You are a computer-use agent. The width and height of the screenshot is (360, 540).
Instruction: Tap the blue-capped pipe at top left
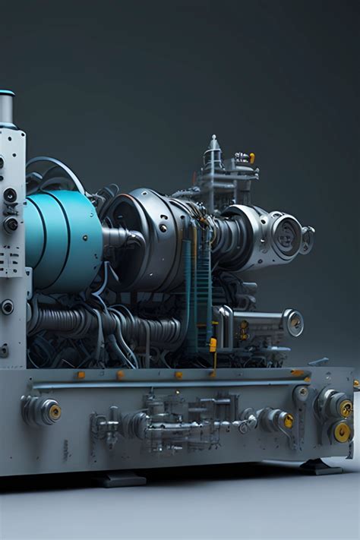click(7, 106)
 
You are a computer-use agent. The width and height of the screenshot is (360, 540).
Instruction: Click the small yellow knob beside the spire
click(251, 158)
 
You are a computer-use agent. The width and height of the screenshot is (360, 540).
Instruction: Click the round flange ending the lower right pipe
click(292, 322)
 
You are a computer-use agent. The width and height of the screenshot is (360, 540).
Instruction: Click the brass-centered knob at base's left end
click(53, 411)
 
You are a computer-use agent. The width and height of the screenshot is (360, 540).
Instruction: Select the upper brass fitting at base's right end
click(345, 408)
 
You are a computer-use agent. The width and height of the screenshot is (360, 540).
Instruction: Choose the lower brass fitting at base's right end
click(343, 431)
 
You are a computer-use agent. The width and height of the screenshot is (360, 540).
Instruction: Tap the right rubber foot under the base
click(319, 466)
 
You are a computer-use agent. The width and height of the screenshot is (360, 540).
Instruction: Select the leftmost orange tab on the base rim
click(81, 374)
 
